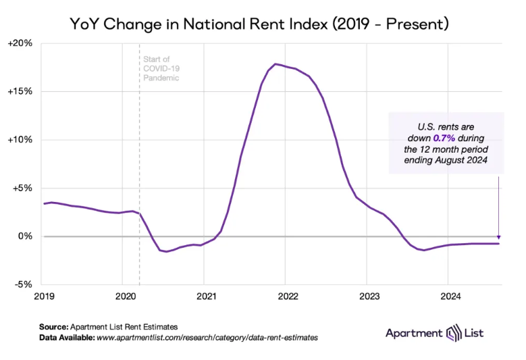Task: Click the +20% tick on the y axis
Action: click(x=21, y=43)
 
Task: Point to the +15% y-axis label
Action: click(x=21, y=91)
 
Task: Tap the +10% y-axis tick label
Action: click(x=21, y=140)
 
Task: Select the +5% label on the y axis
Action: click(x=23, y=188)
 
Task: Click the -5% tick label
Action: click(x=25, y=284)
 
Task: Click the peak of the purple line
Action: click(x=275, y=63)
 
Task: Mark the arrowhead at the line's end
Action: click(x=498, y=236)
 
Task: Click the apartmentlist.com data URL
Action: click(x=209, y=336)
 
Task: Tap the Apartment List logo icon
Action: click(x=453, y=333)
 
